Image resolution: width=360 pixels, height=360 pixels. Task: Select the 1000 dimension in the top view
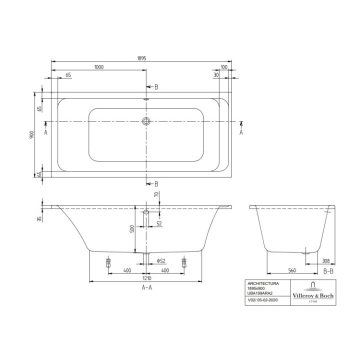[x=99, y=67]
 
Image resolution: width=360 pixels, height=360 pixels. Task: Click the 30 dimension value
[x=216, y=75]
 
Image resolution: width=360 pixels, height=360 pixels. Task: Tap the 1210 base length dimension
[x=146, y=278]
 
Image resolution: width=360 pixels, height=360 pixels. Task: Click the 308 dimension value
[x=326, y=260]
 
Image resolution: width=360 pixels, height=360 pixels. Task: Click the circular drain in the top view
[x=146, y=121]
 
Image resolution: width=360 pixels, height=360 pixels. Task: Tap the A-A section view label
[x=147, y=288]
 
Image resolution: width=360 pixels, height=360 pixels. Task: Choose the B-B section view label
[x=328, y=270]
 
